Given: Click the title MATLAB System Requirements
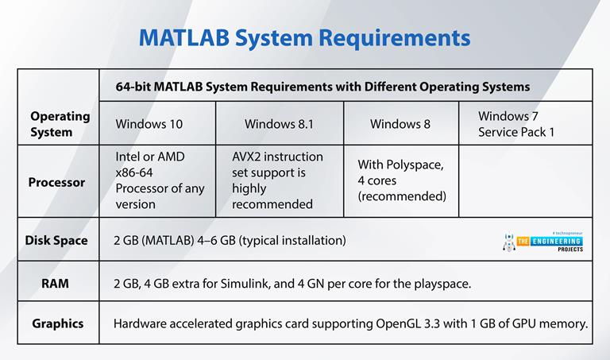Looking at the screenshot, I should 304,37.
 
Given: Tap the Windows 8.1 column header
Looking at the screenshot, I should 279,123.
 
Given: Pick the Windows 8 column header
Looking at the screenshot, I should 400,123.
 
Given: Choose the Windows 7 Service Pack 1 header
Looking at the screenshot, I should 515,123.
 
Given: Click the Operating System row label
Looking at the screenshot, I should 60,124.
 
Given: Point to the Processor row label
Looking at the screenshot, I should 56,182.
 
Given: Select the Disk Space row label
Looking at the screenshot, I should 56,239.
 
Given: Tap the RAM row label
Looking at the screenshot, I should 55,282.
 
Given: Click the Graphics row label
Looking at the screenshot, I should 57,323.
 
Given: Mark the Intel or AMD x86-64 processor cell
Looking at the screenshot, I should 159,180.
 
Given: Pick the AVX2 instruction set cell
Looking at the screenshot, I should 277,180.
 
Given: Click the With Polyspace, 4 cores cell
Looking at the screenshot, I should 401,180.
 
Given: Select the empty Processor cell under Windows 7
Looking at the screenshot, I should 524,181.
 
